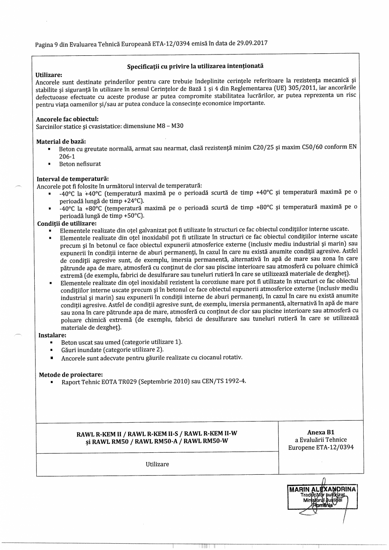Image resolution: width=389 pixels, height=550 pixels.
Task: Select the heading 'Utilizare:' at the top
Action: [x=49, y=74]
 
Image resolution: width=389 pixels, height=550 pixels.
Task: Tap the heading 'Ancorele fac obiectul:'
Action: [x=67, y=119]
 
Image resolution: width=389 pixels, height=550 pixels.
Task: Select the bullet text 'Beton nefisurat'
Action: [x=80, y=164]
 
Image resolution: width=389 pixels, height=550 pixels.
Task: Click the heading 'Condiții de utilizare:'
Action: [x=67, y=223]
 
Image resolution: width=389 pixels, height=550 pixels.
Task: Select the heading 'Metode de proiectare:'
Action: [x=71, y=375]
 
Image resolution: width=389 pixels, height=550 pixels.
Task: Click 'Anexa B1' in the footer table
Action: [x=321, y=432]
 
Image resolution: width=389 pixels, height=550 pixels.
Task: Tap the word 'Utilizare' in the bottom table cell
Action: [x=157, y=464]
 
